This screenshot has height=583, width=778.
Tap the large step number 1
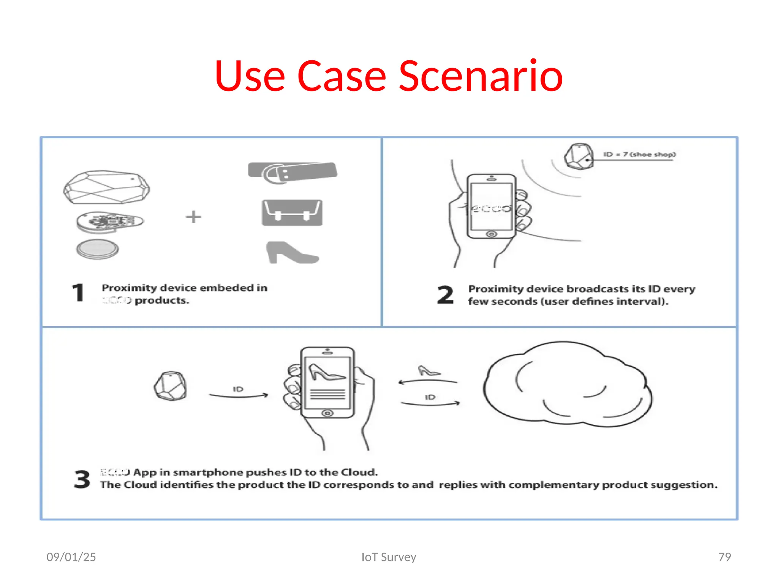78,293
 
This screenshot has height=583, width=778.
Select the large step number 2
445,295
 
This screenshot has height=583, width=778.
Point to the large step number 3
82,479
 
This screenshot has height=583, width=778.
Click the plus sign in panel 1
193,217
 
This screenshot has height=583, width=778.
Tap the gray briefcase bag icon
292,213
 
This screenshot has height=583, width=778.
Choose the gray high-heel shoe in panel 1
291,253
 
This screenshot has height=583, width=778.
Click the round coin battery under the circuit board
98,249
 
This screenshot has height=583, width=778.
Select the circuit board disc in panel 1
109,221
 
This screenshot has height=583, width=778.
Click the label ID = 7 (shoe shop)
639,154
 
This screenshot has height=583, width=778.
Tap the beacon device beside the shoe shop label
579,156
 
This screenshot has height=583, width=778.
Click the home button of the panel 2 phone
491,234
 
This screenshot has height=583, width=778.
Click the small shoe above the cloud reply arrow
428,371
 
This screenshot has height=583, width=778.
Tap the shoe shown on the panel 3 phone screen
326,372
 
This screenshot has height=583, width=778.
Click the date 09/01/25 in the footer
71,557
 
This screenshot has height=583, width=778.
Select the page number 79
724,557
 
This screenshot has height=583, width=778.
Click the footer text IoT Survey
389,557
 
